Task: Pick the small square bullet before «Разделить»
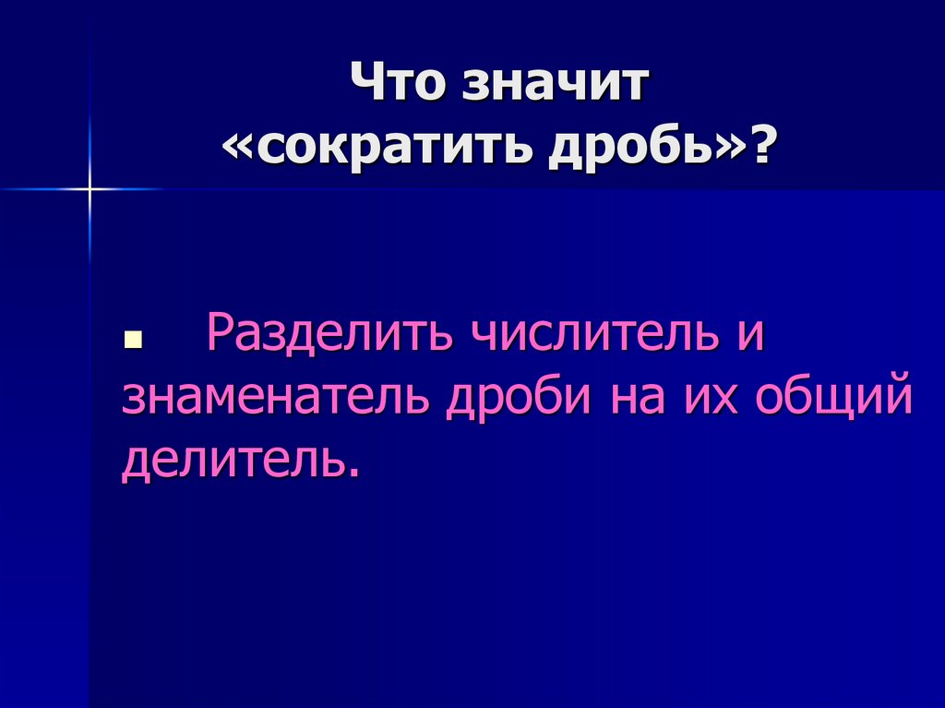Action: tap(130, 341)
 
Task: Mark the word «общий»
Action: tap(835, 399)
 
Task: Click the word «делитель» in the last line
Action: tap(232, 459)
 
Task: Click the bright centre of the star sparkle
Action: tap(90, 189)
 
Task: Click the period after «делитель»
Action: tap(352, 474)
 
